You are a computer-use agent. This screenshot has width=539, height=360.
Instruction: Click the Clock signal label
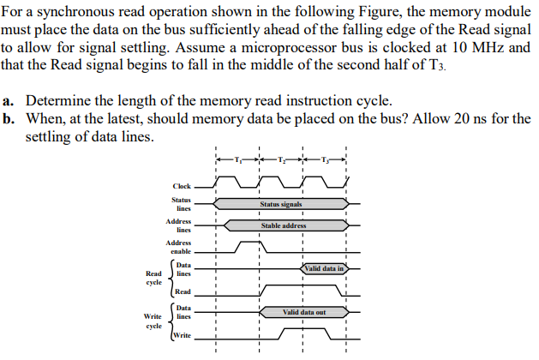pyautogui.click(x=182, y=185)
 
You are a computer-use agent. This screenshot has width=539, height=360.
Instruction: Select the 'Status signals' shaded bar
pyautogui.click(x=281, y=204)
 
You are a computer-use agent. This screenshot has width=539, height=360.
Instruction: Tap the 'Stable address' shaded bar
pyautogui.click(x=283, y=225)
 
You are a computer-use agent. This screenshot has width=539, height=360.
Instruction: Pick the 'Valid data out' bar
pyautogui.click(x=303, y=313)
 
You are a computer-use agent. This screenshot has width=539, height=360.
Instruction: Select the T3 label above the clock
pyautogui.click(x=325, y=159)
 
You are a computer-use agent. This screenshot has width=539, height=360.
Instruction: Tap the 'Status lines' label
pyautogui.click(x=183, y=204)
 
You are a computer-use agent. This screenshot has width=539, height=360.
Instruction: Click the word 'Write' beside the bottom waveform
pyautogui.click(x=183, y=335)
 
